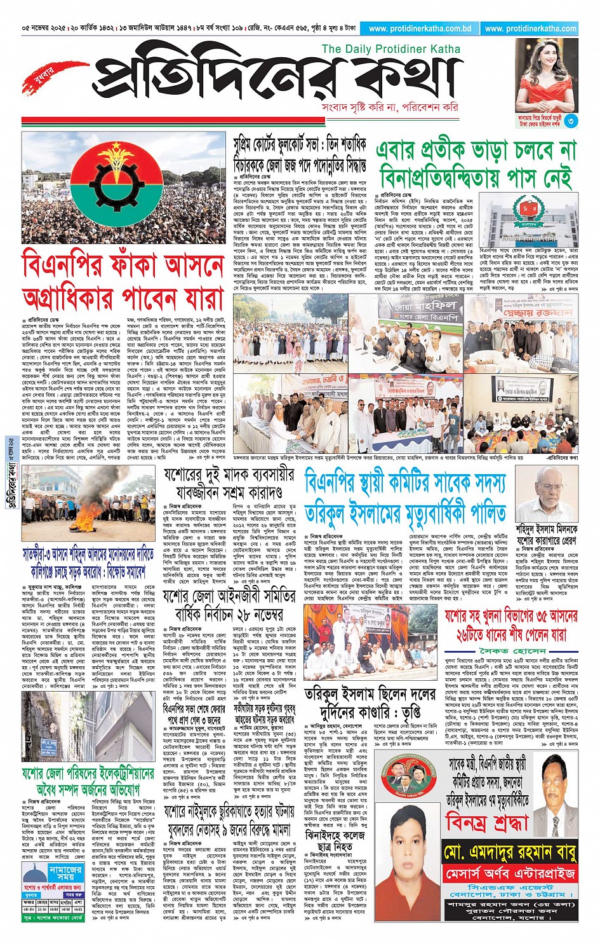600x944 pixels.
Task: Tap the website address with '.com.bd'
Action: (419, 29)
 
